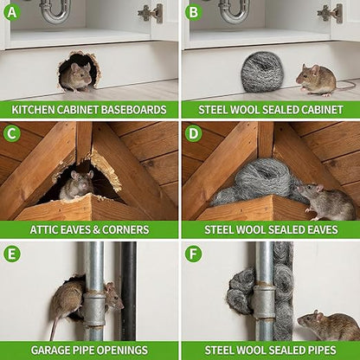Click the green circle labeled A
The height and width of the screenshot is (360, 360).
click(x=12, y=12)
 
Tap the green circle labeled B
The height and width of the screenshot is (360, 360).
click(x=193, y=12)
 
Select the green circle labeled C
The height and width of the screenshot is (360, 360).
click(x=12, y=133)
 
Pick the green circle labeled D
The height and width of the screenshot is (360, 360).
click(x=193, y=133)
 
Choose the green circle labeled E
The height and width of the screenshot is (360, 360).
click(x=12, y=254)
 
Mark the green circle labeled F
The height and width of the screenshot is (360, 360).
click(x=193, y=254)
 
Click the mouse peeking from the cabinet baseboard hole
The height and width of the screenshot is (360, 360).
click(x=79, y=76)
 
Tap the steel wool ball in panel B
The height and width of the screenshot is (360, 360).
click(x=261, y=72)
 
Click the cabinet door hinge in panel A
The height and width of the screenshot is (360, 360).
click(x=151, y=13)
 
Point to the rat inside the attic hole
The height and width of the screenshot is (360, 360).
click(x=77, y=184)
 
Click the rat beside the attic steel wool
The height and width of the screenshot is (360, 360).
click(x=326, y=201)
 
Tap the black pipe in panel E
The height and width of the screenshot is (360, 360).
click(x=129, y=291)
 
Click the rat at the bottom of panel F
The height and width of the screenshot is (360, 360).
click(x=328, y=325)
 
